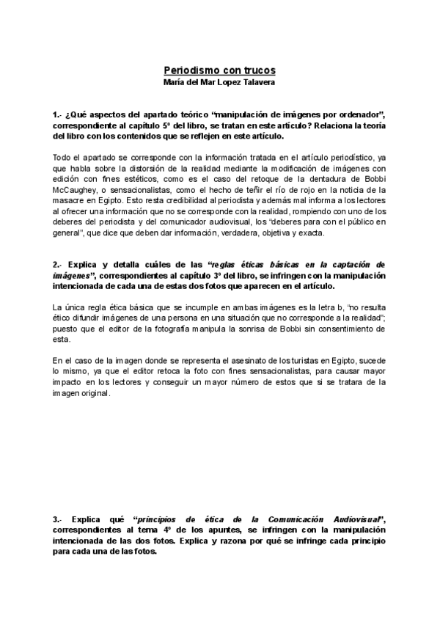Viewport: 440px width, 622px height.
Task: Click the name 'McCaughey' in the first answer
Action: (73, 183)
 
